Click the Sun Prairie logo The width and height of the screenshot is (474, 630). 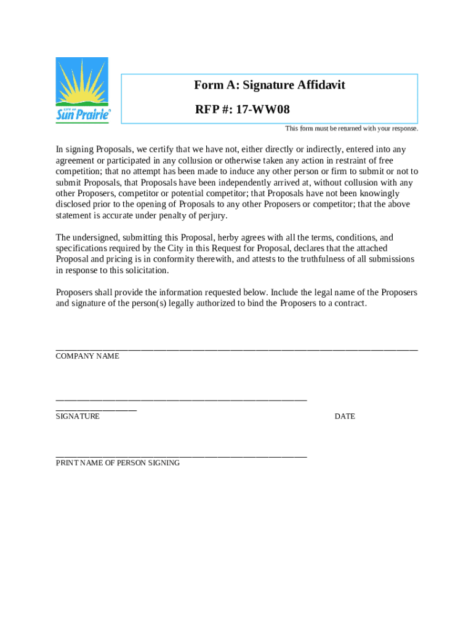pos(82,90)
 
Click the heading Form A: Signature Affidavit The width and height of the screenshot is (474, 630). pos(269,85)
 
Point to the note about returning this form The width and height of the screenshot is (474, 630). pos(351,129)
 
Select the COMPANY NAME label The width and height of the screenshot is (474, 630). pos(87,356)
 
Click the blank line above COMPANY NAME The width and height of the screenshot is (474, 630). pos(236,349)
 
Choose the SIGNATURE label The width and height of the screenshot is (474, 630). pos(78,417)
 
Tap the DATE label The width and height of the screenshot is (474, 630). pos(345,417)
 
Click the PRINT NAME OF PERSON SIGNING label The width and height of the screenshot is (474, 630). pos(118,463)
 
